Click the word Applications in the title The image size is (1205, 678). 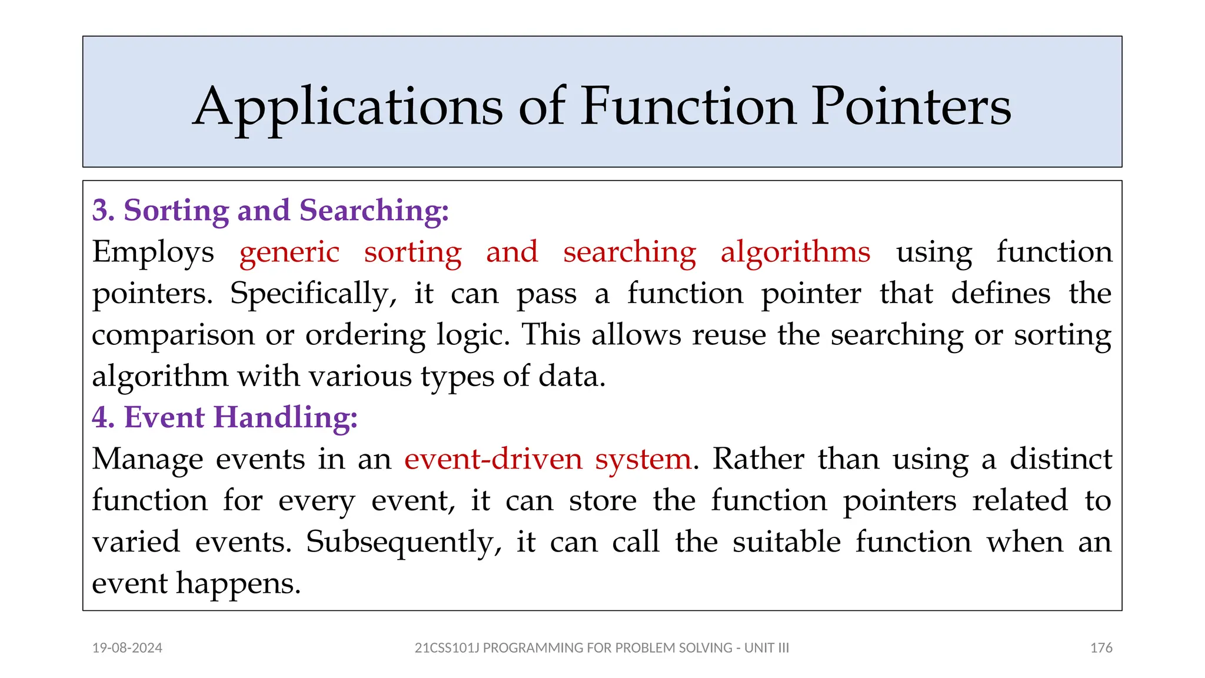click(348, 107)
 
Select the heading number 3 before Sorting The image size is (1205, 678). click(103, 210)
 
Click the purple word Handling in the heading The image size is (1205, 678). click(285, 417)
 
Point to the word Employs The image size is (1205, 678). click(153, 252)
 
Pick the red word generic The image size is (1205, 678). click(289, 252)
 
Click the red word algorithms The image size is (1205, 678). click(795, 252)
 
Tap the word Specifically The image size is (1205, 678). click(309, 293)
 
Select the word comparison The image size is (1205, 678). click(172, 335)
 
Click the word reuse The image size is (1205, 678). click(729, 334)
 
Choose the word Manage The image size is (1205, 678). click(148, 459)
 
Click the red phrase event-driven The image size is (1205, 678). click(493, 458)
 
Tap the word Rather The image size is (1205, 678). click(758, 458)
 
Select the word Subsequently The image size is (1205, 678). click(404, 542)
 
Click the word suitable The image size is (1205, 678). click(787, 541)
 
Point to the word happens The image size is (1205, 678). click(238, 584)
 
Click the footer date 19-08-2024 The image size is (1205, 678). click(127, 648)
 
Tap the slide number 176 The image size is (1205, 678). click(1101, 648)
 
